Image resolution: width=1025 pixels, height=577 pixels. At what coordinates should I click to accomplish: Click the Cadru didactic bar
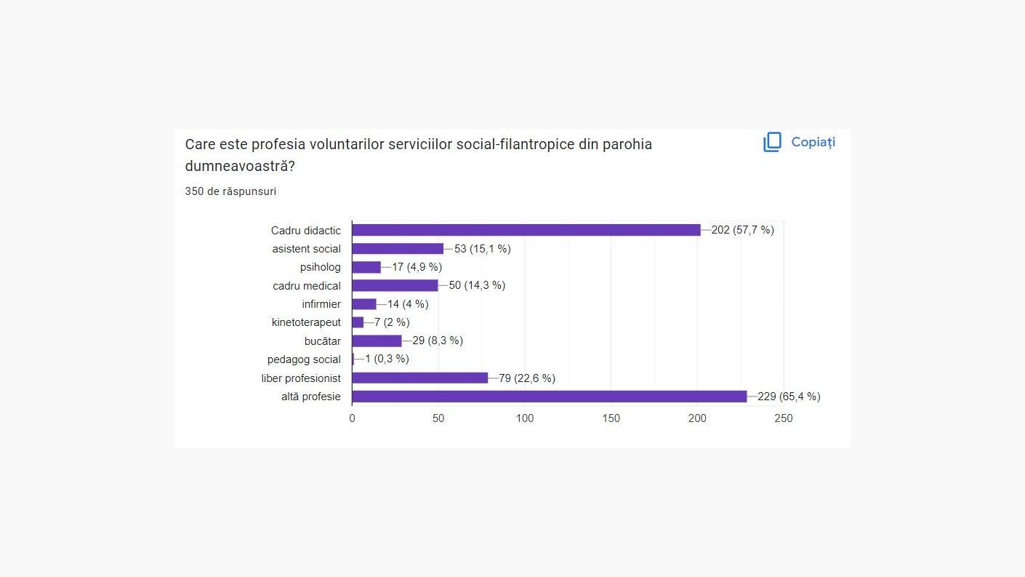pyautogui.click(x=526, y=230)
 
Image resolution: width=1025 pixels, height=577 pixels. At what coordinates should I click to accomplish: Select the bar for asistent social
pyautogui.click(x=398, y=249)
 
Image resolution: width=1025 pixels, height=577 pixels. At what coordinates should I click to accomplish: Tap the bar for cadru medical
pyautogui.click(x=395, y=285)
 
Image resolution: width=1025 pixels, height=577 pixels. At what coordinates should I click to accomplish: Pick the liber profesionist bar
pyautogui.click(x=419, y=378)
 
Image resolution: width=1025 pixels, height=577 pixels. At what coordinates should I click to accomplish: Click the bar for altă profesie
pyautogui.click(x=549, y=397)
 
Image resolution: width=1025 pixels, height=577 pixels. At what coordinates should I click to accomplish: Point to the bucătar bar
pyautogui.click(x=377, y=341)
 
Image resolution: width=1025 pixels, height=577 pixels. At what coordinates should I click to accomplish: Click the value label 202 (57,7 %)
pyautogui.click(x=742, y=230)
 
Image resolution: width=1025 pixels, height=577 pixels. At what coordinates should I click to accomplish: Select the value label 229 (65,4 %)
pyautogui.click(x=789, y=397)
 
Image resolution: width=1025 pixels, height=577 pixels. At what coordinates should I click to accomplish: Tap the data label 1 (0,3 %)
pyautogui.click(x=387, y=359)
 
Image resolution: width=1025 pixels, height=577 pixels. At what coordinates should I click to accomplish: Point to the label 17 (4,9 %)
pyautogui.click(x=417, y=267)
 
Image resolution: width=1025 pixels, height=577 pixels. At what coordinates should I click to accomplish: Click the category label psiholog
pyautogui.click(x=320, y=267)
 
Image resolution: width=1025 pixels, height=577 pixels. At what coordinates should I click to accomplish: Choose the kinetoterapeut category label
pyautogui.click(x=306, y=322)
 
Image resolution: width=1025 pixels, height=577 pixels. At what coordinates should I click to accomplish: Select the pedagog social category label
pyautogui.click(x=304, y=359)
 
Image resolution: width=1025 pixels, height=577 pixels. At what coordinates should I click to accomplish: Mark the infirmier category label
pyautogui.click(x=321, y=304)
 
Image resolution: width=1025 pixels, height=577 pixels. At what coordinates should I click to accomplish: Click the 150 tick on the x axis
pyautogui.click(x=611, y=418)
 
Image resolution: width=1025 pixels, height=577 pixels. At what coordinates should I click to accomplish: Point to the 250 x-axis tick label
pyautogui.click(x=784, y=418)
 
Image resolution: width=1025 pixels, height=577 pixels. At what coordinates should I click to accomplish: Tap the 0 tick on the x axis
pyautogui.click(x=353, y=418)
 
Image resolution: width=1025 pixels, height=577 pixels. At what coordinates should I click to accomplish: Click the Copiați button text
pyautogui.click(x=813, y=142)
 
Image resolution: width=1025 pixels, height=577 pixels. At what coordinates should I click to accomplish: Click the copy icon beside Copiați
pyautogui.click(x=772, y=142)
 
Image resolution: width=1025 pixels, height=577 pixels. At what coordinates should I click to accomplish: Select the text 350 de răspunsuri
pyautogui.click(x=230, y=191)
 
